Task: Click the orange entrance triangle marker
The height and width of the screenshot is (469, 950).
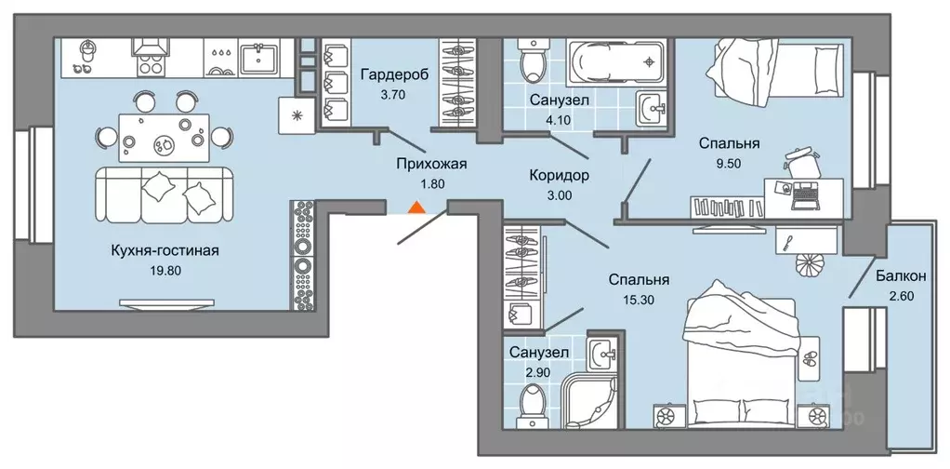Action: [x=418, y=208]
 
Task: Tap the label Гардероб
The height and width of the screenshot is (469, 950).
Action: [x=395, y=75]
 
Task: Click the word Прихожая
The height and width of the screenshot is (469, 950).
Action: [x=429, y=164]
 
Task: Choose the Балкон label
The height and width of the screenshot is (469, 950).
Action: [x=900, y=276]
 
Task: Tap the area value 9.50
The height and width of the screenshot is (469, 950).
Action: [x=730, y=164]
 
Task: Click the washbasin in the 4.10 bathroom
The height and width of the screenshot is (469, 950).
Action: [x=652, y=108]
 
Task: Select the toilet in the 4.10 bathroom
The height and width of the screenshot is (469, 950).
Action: [x=534, y=60]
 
